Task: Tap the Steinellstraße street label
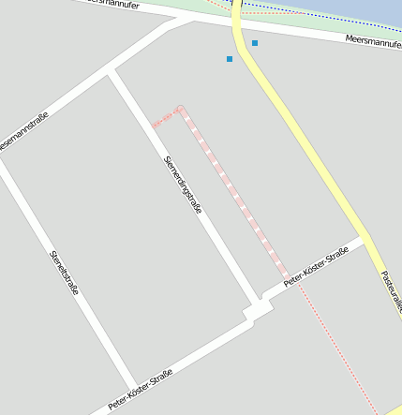(65, 271)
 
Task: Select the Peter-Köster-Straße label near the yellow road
(316, 267)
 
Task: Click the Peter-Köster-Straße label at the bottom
(141, 390)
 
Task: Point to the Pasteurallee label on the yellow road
(391, 291)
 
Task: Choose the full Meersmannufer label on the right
(373, 39)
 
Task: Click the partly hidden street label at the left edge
(21, 132)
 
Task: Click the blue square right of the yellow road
(255, 43)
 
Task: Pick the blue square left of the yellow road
(230, 59)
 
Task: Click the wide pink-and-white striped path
(234, 192)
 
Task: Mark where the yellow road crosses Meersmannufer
(238, 24)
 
